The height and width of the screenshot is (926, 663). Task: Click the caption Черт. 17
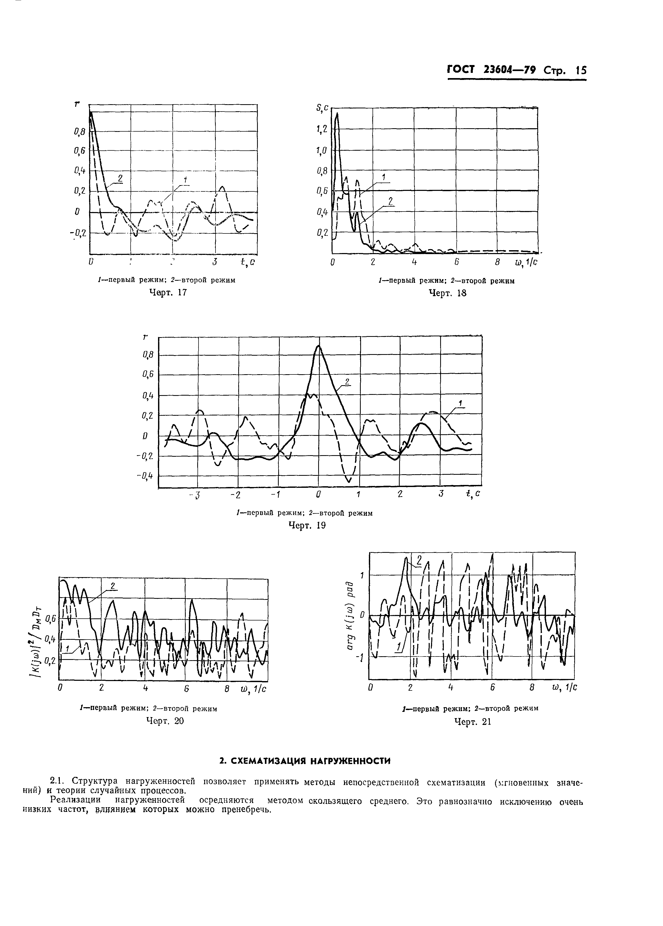pyautogui.click(x=168, y=293)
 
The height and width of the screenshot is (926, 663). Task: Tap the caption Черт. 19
pyautogui.click(x=307, y=526)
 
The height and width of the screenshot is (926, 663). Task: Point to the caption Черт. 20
pyautogui.click(x=165, y=721)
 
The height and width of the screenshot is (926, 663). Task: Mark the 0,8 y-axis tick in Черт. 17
pyautogui.click(x=80, y=131)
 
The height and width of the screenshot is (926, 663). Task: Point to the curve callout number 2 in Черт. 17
pyautogui.click(x=120, y=178)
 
